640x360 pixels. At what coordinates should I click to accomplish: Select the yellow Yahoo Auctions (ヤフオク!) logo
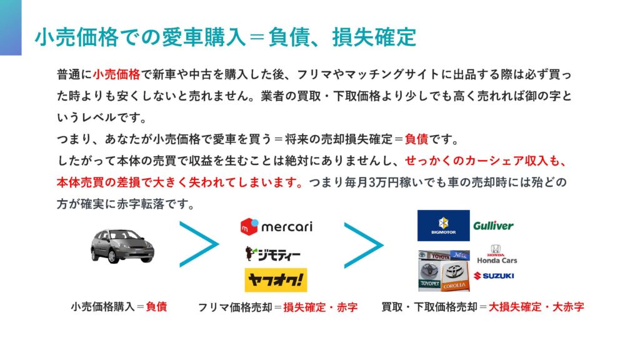point(276,280)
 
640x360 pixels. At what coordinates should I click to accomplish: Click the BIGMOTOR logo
point(443,226)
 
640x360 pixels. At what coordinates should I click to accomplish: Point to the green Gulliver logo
point(493,226)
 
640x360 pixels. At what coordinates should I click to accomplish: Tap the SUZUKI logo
point(494,276)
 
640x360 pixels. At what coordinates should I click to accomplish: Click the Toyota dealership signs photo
point(443,271)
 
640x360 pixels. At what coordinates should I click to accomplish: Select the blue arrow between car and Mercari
point(199,245)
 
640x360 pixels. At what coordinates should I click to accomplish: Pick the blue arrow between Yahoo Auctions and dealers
point(363,245)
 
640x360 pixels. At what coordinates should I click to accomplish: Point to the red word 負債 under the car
point(156,307)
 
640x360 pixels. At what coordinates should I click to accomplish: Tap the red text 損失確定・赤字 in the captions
point(320,307)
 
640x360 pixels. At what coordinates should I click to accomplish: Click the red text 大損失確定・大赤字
point(536,307)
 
